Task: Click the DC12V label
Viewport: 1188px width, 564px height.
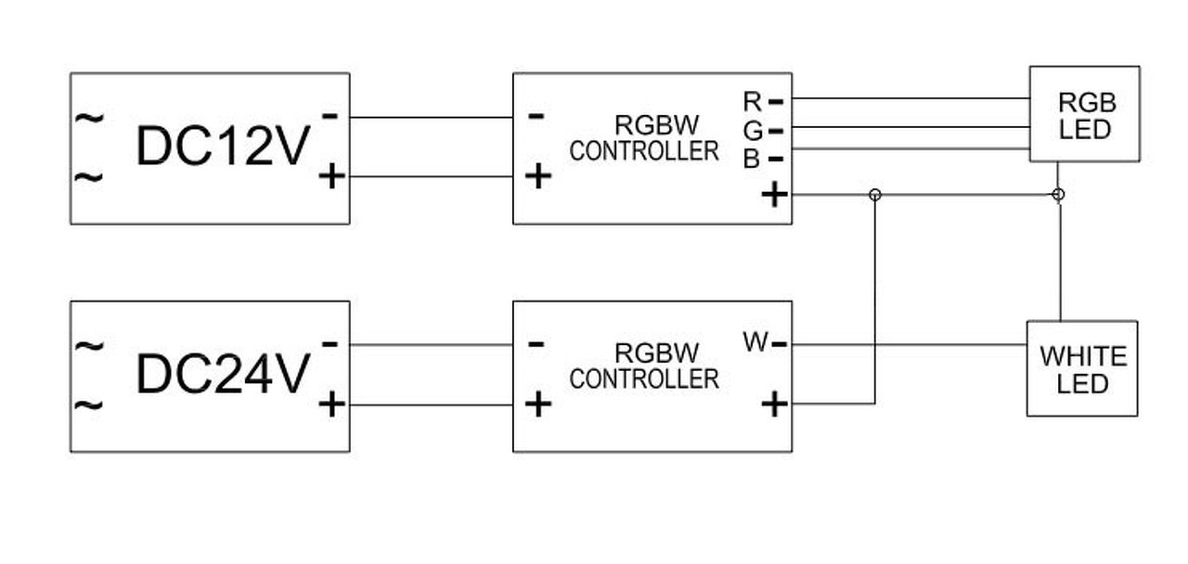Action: [x=222, y=147]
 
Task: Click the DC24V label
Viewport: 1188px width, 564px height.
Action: [x=222, y=375]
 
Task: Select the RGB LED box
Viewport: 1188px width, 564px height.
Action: [x=1084, y=114]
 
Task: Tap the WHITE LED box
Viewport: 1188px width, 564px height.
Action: [x=1082, y=368]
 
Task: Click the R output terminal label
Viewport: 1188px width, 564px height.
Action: [x=753, y=100]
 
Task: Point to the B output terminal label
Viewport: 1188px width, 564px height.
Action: [x=752, y=160]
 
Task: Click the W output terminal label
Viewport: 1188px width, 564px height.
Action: [x=755, y=343]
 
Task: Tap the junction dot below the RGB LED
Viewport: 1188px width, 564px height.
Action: [x=1059, y=195]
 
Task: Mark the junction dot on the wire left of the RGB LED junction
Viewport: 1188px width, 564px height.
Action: [x=874, y=195]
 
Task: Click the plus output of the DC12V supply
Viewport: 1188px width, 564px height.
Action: [x=331, y=176]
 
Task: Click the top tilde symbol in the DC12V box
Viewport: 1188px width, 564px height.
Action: [x=90, y=118]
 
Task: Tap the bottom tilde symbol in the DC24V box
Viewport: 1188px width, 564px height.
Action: [x=90, y=405]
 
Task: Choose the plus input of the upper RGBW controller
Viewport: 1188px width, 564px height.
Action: [x=537, y=176]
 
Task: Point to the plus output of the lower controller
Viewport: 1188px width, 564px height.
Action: [x=773, y=404]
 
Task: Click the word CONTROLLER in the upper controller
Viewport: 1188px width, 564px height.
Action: [x=644, y=151]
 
